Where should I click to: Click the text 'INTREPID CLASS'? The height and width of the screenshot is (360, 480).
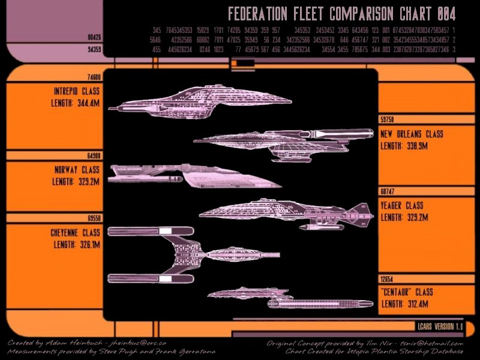pos(76,92)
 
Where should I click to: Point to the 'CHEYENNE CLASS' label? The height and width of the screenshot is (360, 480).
pos(75,233)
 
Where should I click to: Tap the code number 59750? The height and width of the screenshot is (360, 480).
pos(387,119)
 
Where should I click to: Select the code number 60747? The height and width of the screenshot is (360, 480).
pos(387,191)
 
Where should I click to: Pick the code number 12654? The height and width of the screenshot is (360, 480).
pos(387,279)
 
